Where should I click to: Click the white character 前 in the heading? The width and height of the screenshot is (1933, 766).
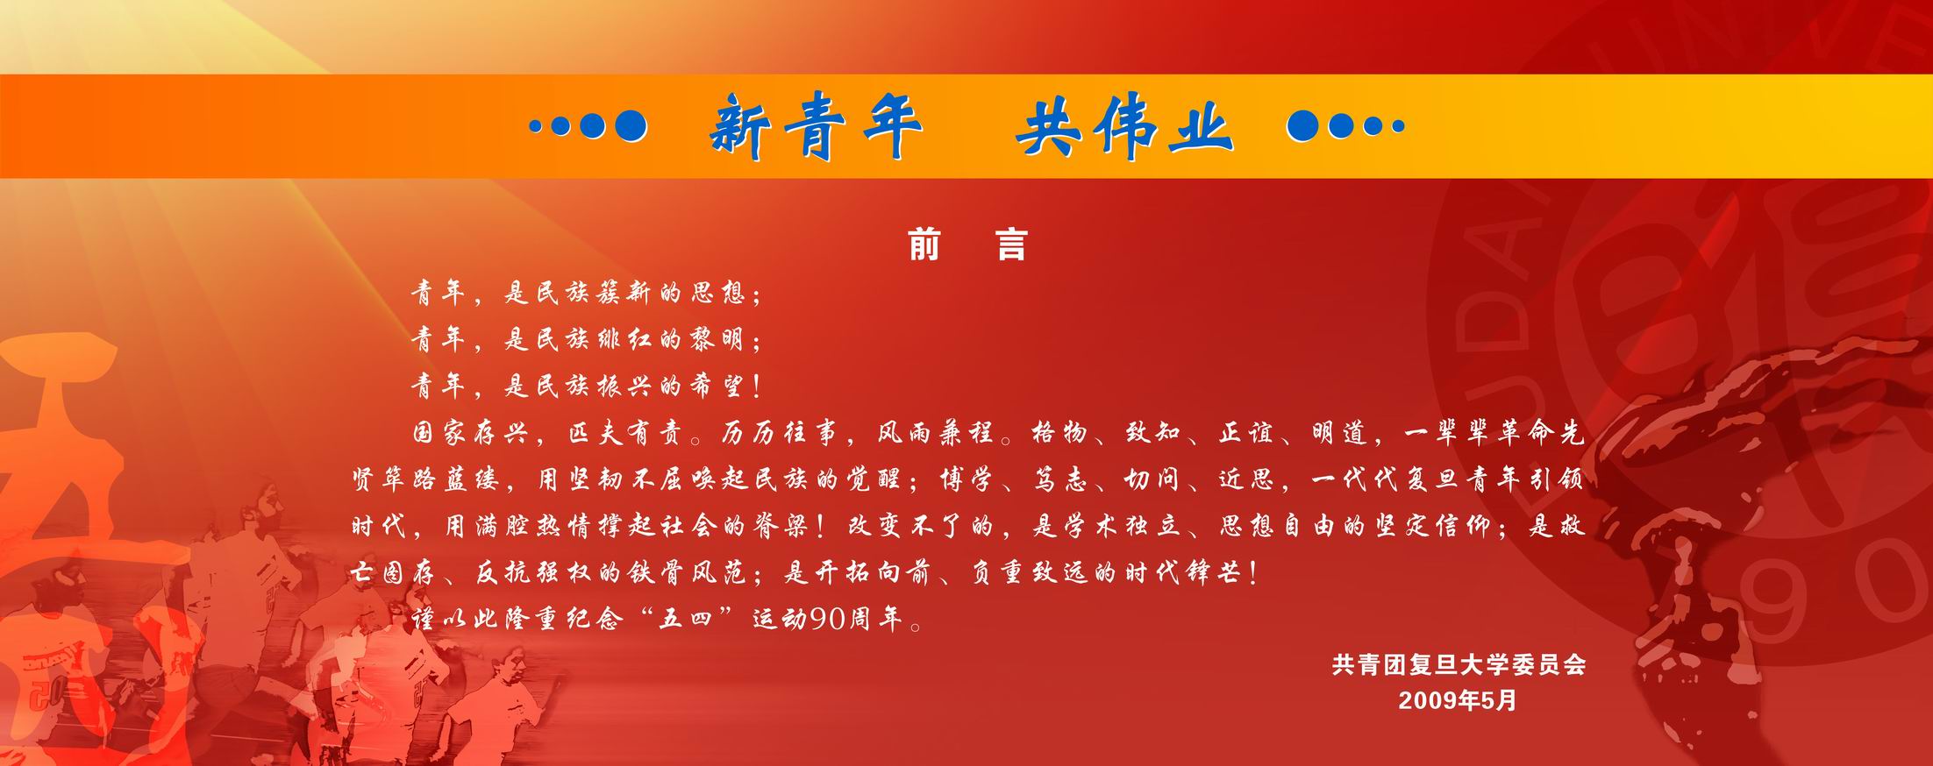[x=924, y=245]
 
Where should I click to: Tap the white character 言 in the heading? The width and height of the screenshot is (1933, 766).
[x=1011, y=245]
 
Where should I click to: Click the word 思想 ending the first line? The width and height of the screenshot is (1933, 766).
[x=718, y=293]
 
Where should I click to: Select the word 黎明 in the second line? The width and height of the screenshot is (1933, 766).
[x=718, y=339]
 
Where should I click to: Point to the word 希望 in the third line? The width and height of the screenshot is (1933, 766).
[x=718, y=386]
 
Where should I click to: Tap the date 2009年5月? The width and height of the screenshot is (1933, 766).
[x=1458, y=700]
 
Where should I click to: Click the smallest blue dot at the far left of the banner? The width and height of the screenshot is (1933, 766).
[x=535, y=127]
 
